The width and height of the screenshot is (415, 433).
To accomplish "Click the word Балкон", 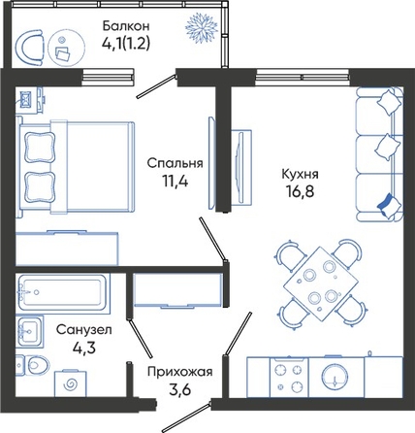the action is [x=126, y=25].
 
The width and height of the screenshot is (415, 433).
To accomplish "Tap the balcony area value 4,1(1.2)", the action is [x=126, y=44].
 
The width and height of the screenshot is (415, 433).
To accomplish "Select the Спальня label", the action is [x=175, y=163].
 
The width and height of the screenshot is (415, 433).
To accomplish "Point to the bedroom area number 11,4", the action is [x=175, y=182].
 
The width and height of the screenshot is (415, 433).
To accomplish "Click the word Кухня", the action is [x=300, y=174].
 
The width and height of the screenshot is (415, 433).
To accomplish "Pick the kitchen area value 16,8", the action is [x=300, y=191].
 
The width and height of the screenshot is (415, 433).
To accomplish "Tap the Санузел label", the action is [x=84, y=330].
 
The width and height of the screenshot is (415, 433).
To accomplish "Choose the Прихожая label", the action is [x=180, y=372].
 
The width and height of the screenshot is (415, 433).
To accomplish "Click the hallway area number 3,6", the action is [x=180, y=389].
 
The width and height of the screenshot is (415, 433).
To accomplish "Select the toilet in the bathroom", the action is [x=33, y=365].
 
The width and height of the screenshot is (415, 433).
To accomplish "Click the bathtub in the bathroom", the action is [x=63, y=291].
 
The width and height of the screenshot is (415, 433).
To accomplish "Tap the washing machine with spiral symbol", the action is [x=71, y=383].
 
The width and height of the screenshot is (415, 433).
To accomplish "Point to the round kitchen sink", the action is [x=335, y=377].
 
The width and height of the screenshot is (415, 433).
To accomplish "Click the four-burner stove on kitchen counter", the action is [x=289, y=378].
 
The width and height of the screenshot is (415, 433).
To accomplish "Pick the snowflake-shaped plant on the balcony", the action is [x=202, y=27].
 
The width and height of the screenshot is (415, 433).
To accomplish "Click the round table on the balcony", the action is [x=67, y=49].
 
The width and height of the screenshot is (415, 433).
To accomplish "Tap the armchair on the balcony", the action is [x=29, y=48].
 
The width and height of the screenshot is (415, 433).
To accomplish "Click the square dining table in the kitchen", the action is [x=321, y=284].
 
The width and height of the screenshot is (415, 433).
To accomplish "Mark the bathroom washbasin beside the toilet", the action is [x=30, y=331].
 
